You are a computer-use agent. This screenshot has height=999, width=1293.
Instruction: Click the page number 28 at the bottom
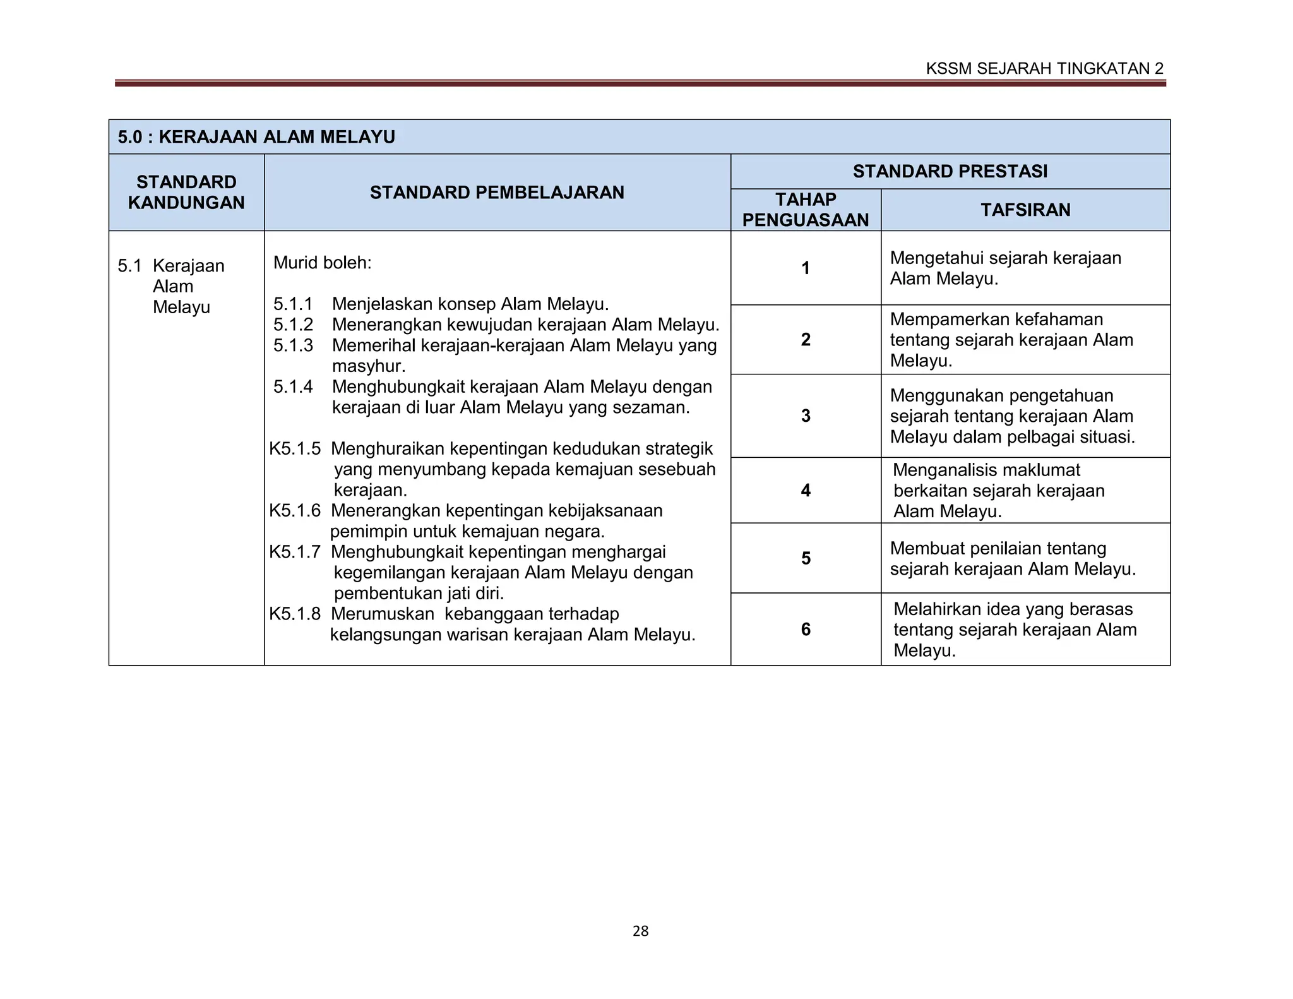pos(640,931)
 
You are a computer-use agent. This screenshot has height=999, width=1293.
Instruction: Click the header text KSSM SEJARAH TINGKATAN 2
pos(1044,69)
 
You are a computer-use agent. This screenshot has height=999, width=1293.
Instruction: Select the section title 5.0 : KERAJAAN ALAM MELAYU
pos(256,137)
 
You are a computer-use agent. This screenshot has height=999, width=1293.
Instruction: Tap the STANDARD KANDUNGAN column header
pos(186,193)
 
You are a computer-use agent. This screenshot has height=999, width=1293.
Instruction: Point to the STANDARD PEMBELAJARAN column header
pos(497,193)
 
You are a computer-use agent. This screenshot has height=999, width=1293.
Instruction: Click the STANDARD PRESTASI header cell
pos(950,171)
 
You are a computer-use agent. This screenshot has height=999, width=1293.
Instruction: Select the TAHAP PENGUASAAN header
pos(806,210)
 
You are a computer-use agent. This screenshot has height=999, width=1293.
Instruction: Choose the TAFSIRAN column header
pos(1025,210)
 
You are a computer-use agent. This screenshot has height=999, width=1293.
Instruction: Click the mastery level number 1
pos(806,268)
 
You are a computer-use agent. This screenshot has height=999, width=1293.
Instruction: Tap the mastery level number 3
pos(806,416)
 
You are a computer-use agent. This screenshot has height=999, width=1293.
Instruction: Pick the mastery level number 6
pos(806,629)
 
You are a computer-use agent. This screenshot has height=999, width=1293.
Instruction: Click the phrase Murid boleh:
pos(322,263)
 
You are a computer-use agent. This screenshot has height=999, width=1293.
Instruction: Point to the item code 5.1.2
pos(293,325)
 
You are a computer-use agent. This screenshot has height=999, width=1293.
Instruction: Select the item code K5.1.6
pos(295,510)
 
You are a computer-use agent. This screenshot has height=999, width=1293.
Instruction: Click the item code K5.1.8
pos(295,614)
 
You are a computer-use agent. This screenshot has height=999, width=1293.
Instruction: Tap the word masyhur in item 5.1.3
pos(368,366)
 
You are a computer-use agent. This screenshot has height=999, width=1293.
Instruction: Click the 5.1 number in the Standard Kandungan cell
pos(129,266)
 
